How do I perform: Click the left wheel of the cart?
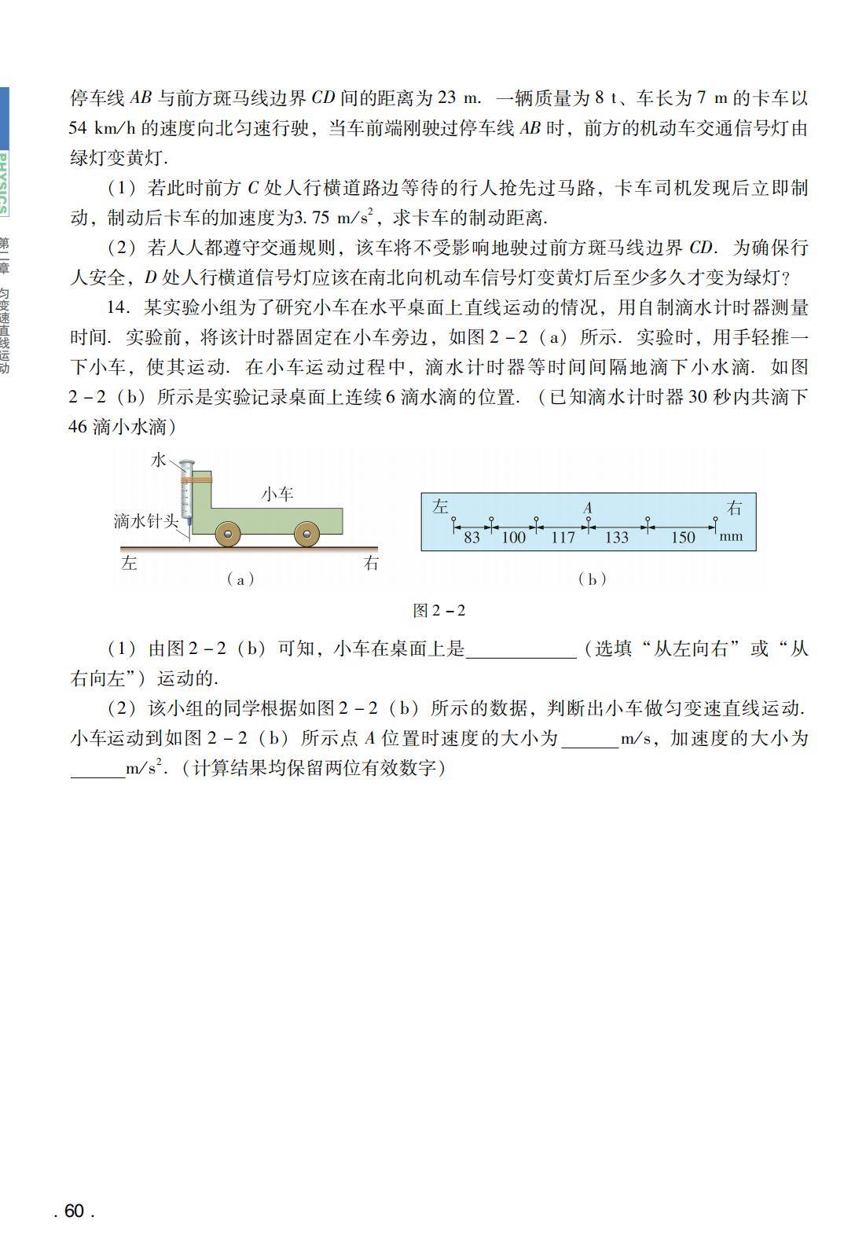[229, 535]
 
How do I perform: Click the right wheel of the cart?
[306, 535]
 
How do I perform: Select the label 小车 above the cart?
[277, 494]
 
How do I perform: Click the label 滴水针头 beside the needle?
[145, 520]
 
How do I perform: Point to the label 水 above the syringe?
[159, 460]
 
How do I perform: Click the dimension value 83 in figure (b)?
[472, 538]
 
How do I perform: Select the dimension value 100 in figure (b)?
[513, 538]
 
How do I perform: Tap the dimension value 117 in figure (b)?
[563, 538]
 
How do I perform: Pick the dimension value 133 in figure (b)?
[617, 538]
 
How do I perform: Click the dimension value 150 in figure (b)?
[682, 538]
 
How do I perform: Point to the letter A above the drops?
[588, 509]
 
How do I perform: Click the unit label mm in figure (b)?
[731, 536]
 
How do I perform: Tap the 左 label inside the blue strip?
[440, 507]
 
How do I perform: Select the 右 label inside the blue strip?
[734, 508]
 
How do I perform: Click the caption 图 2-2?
[439, 611]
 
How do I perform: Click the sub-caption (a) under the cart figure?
[240, 579]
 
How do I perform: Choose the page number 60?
[74, 1211]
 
